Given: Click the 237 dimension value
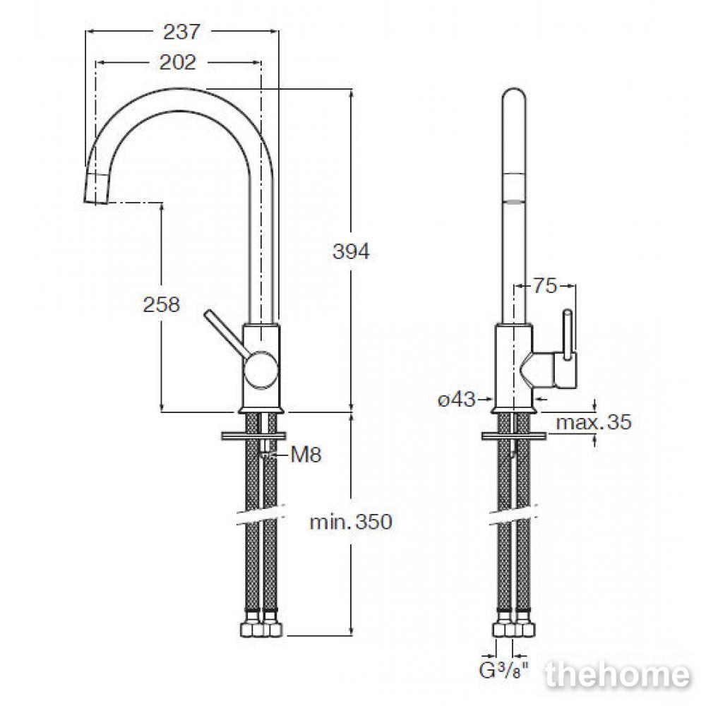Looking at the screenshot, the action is coord(181,32).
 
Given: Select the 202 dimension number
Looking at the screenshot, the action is coord(178,63).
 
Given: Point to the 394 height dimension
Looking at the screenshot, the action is coord(351,251).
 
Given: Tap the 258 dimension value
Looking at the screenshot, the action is coord(162,304).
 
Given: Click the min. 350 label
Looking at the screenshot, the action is coord(351,522).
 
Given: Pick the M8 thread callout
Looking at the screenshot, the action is coord(306,455).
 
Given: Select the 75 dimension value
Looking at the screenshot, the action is coord(545,285).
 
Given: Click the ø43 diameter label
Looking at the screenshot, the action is coord(457,399).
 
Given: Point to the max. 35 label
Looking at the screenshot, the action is coord(594,422).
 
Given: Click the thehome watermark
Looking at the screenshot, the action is coord(617,675).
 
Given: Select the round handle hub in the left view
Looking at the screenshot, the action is coord(259,370).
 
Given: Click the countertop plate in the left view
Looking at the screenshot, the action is coord(254,436).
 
